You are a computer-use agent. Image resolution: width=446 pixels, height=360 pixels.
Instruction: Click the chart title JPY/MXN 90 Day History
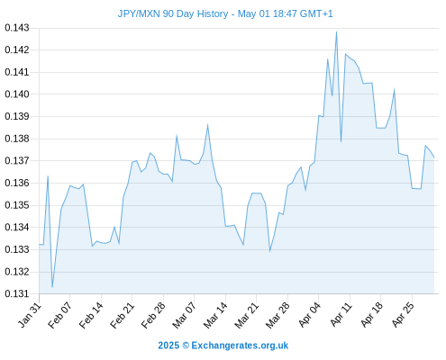pyautogui.click(x=173, y=13)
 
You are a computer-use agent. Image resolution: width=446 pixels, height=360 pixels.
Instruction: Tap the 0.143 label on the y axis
pyautogui.click(x=17, y=28)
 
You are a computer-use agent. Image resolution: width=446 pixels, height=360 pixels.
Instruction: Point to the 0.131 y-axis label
pyautogui.click(x=17, y=293)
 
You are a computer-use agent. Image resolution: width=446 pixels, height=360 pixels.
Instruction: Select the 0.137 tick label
pyautogui.click(x=17, y=161)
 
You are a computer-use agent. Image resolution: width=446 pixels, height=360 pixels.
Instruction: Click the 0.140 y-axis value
pyautogui.click(x=17, y=94)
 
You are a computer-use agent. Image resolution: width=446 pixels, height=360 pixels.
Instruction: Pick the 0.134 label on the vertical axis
pyautogui.click(x=17, y=227)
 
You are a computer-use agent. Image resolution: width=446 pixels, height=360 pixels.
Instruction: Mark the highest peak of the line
pyautogui.click(x=336, y=31)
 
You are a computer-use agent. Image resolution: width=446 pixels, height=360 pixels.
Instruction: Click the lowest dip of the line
pyautogui.click(x=52, y=287)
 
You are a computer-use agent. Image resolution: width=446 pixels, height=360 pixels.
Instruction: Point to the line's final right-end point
pyautogui.click(x=434, y=157)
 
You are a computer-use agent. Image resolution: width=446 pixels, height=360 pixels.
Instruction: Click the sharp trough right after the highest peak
pyautogui.click(x=341, y=141)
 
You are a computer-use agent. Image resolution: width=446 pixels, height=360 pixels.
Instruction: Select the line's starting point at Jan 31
pyautogui.click(x=39, y=245)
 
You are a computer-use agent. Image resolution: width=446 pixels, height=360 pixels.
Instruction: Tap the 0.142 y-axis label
pyautogui.click(x=17, y=49)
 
